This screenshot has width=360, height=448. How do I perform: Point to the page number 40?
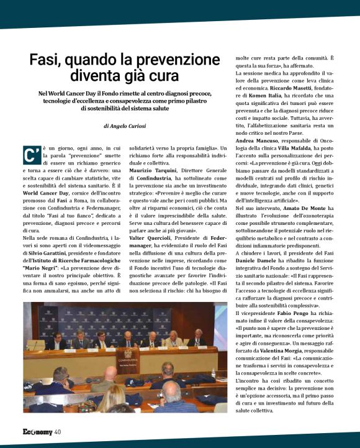tap(57, 431)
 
